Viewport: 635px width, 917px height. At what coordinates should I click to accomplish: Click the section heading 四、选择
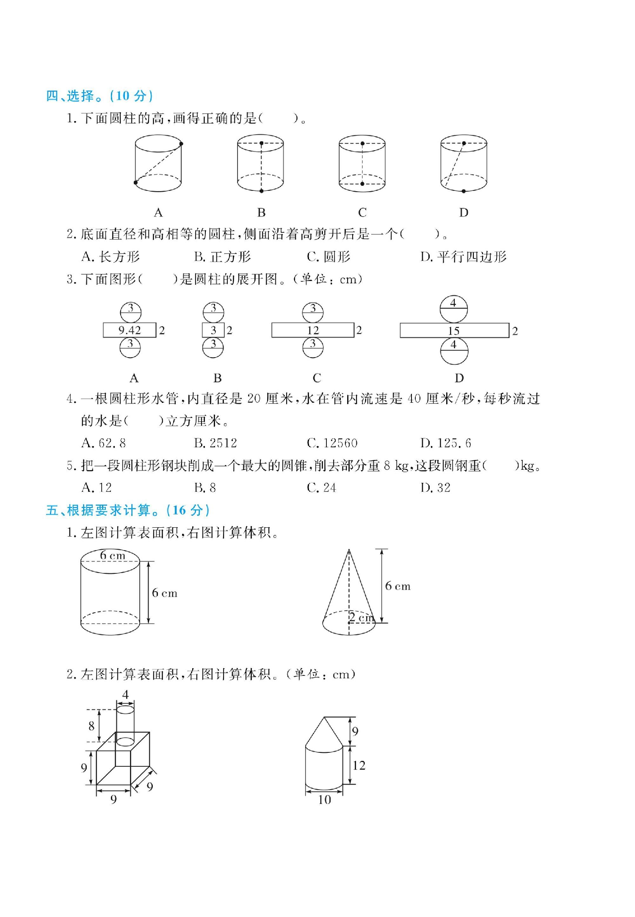pos(99,96)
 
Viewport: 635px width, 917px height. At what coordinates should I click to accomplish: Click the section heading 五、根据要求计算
pos(127,510)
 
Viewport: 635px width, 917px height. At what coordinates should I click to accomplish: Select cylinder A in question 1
pos(158,163)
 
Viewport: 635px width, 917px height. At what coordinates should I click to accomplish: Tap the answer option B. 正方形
pos(222,256)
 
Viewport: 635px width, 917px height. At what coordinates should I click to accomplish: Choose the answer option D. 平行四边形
pos(463,256)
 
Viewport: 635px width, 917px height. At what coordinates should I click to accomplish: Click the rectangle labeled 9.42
pos(130,330)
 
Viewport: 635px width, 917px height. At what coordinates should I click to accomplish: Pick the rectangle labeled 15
pos(454,330)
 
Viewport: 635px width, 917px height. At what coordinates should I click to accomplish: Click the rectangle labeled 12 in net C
pos(313,330)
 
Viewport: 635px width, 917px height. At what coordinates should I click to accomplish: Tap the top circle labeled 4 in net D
pos(453,309)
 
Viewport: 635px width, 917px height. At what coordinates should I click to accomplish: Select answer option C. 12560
pos(332,443)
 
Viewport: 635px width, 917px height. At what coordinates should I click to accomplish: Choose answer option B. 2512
pos(215,443)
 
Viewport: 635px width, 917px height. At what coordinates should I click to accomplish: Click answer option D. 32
pos(435,487)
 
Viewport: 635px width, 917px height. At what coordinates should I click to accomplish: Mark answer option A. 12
pos(97,487)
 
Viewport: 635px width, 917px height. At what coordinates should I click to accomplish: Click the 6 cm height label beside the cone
pos(398,586)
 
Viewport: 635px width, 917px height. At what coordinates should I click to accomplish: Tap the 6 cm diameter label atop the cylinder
pos(113,555)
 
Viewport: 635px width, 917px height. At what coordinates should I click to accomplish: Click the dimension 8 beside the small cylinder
pos(91,726)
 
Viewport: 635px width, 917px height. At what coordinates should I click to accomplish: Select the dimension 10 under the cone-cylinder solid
pos(324,800)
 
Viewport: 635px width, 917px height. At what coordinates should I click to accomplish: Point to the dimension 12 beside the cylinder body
pos(359,765)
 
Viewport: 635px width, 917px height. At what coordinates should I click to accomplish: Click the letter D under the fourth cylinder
pos(464,212)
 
